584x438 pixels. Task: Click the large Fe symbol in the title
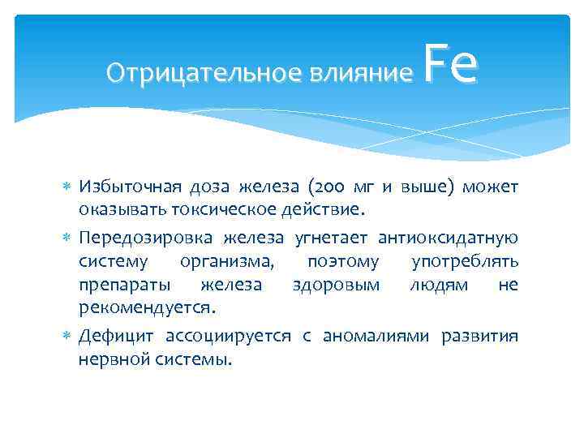point(451,67)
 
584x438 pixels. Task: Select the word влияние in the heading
point(358,74)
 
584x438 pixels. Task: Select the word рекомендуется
point(147,309)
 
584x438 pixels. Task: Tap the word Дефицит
point(115,336)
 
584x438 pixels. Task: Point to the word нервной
point(111,359)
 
